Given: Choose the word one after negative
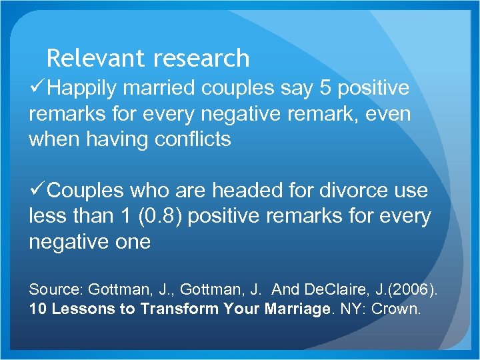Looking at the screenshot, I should click(x=131, y=242).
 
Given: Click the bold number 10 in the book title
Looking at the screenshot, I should click(x=37, y=309).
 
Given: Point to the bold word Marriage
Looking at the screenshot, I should click(x=297, y=309).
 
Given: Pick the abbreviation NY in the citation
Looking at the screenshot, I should click(x=350, y=309).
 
